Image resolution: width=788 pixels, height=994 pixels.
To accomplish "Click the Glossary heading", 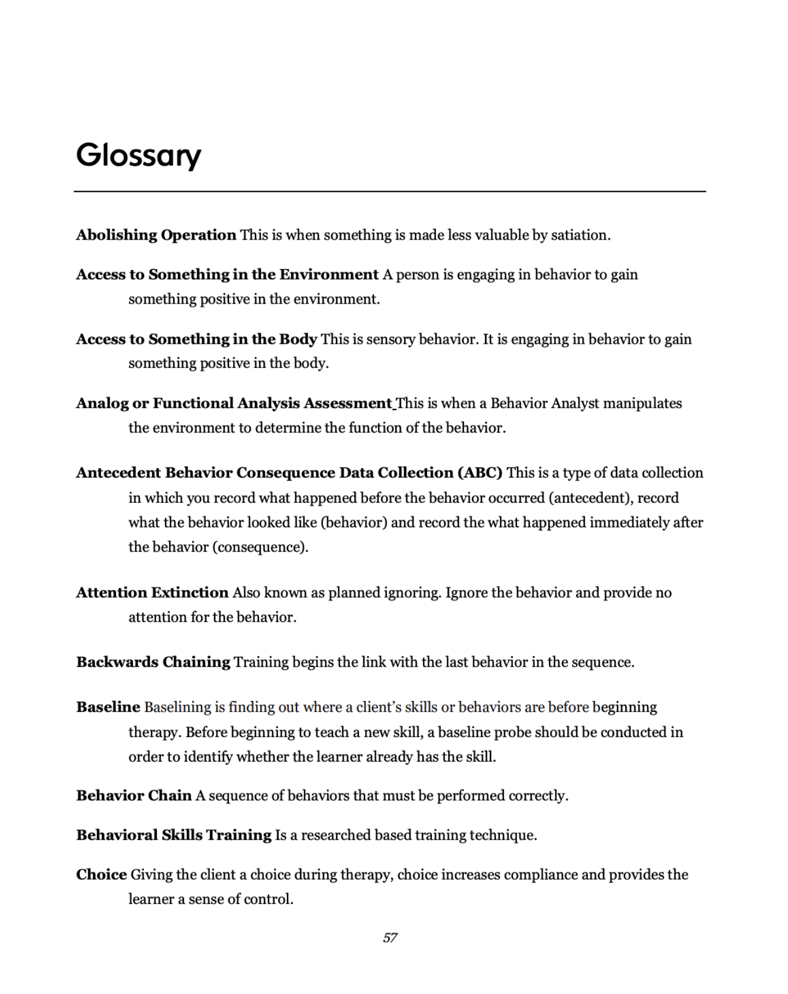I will coord(139,156).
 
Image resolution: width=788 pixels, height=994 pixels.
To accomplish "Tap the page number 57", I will coord(390,938).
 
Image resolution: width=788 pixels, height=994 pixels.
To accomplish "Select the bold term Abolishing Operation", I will coord(156,235).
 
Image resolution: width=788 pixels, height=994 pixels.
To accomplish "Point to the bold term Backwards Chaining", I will coord(153,662).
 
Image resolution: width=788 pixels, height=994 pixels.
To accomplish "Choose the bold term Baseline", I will coord(108,707).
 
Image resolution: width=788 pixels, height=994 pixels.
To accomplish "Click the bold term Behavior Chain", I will coord(134,796).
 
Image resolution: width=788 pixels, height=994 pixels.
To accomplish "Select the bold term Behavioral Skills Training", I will coord(174,835).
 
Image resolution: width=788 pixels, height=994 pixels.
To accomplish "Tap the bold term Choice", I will coord(102,874).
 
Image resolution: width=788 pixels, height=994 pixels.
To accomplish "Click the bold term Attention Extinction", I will coord(153,593).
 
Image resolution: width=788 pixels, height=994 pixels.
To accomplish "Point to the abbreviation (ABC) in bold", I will coord(480,473).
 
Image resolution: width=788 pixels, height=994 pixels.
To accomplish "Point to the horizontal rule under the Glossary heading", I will coord(390,192).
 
